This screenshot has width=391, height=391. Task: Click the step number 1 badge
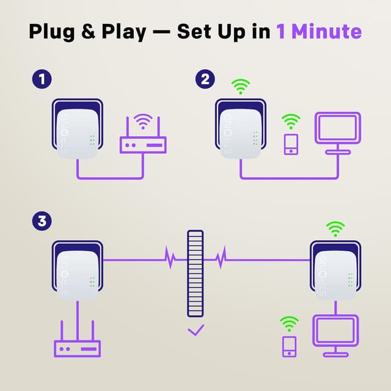(41, 79)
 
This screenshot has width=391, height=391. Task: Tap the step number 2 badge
(205, 79)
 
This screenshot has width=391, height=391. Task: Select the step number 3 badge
(41, 221)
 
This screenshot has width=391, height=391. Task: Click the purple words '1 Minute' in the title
(318, 31)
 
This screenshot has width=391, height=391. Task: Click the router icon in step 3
(77, 347)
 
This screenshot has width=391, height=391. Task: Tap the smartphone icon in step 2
(291, 144)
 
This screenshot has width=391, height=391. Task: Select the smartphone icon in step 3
(288, 346)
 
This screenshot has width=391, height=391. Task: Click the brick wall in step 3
(195, 272)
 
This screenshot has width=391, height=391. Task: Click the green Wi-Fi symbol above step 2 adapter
(241, 87)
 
